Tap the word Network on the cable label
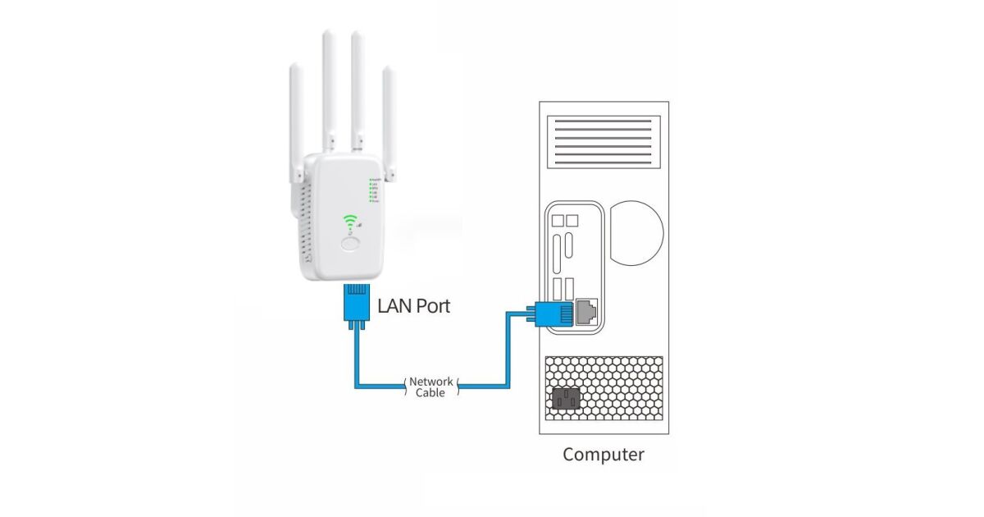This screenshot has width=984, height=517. [x=430, y=382]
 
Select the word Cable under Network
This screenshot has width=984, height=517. [x=430, y=393]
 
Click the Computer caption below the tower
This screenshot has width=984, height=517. [x=604, y=455]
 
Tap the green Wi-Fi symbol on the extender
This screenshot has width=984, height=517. [x=352, y=222]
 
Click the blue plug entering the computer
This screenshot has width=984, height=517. [x=553, y=313]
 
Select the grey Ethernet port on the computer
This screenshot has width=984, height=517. [x=587, y=311]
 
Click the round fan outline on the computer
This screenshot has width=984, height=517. [x=636, y=234]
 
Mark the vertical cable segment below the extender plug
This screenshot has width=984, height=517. [x=356, y=353]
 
